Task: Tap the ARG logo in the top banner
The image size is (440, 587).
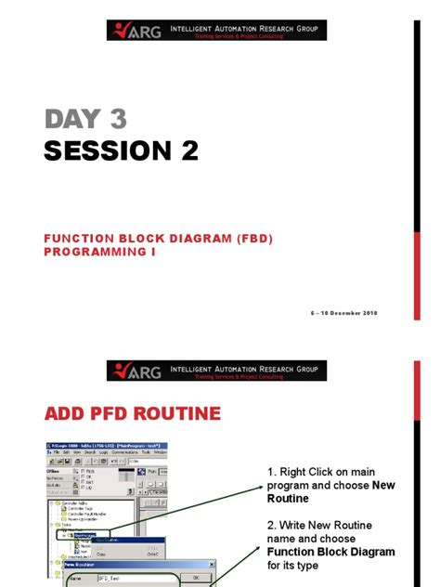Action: pos(136,31)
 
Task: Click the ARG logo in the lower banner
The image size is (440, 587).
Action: pos(136,371)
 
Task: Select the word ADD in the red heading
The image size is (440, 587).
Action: pos(70,412)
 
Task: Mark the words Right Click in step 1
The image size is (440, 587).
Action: pos(309,472)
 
